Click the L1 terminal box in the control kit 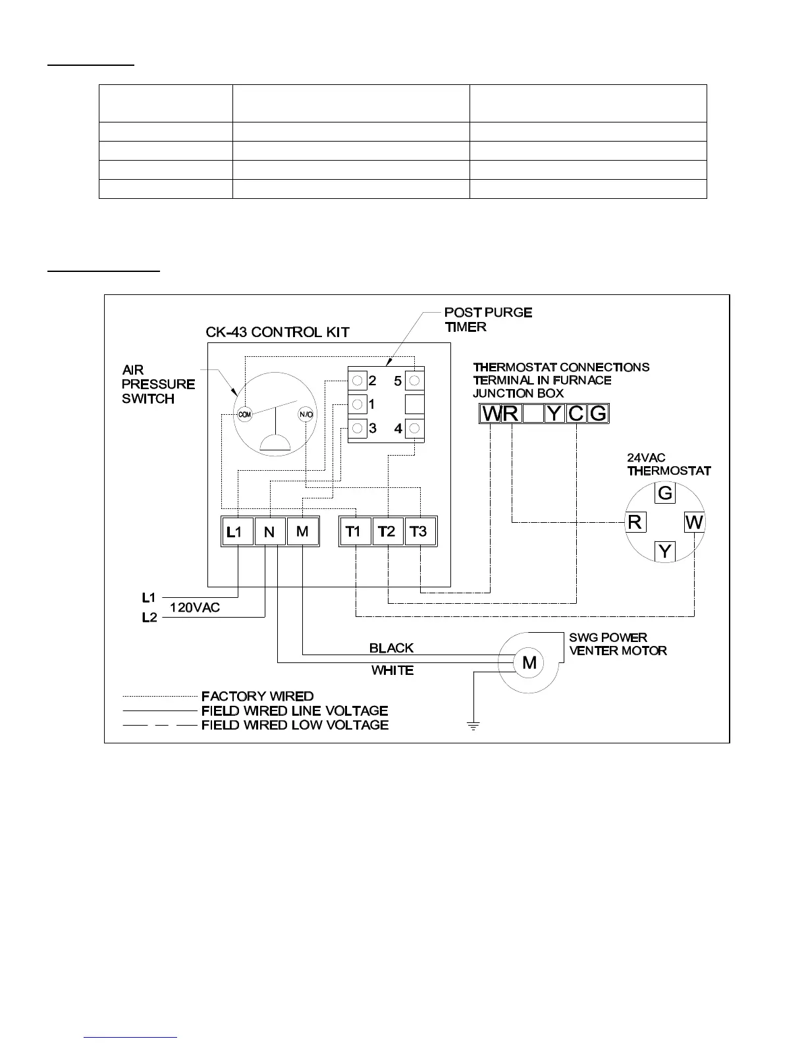[236, 531]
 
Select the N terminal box [269, 531]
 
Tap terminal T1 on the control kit [354, 531]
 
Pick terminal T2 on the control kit [387, 531]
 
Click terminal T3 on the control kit [419, 531]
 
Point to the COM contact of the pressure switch [244, 415]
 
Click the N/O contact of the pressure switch [306, 415]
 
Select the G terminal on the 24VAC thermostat [665, 493]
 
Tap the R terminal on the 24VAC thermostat [635, 522]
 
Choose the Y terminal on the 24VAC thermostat [665, 551]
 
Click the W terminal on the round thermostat [694, 522]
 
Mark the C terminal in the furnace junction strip [576, 414]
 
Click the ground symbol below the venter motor [473, 726]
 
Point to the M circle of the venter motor [529, 663]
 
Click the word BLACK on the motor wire [391, 648]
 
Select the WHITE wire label [392, 670]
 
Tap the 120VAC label [195, 608]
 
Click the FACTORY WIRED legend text [257, 696]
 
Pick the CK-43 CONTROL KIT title [277, 332]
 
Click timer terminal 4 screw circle [415, 429]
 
